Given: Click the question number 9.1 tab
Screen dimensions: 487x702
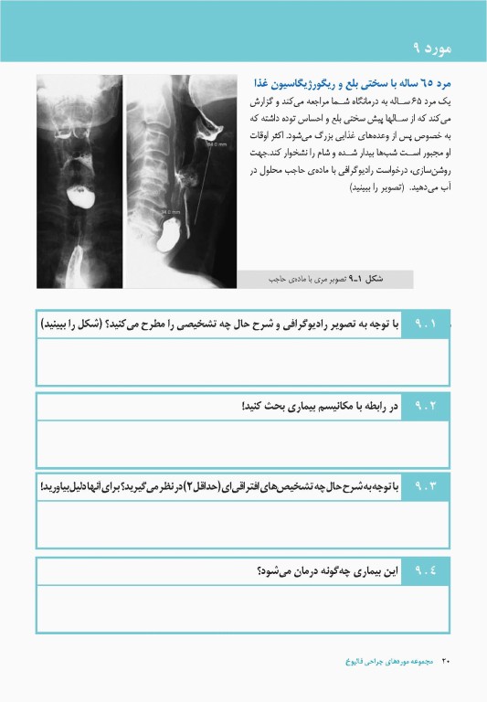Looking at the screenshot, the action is pos(427,324).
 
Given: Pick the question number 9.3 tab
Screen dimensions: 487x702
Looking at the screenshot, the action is pos(427,487).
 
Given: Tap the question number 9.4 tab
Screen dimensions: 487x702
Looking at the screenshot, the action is pos(427,571).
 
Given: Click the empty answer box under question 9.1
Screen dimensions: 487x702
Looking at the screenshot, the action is pos(242,362).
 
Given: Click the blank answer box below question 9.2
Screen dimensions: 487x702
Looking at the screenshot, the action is pos(242,443).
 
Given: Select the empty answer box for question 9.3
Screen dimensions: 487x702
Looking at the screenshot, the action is pos(242,525).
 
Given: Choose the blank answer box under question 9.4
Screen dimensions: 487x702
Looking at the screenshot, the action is pos(242,609).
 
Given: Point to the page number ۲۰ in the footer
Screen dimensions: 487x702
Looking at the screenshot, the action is pos(447,660).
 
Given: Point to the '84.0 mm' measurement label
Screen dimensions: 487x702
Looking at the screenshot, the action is pos(216,144).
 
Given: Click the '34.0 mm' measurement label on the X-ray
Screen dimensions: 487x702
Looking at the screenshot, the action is pos(171,213).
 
